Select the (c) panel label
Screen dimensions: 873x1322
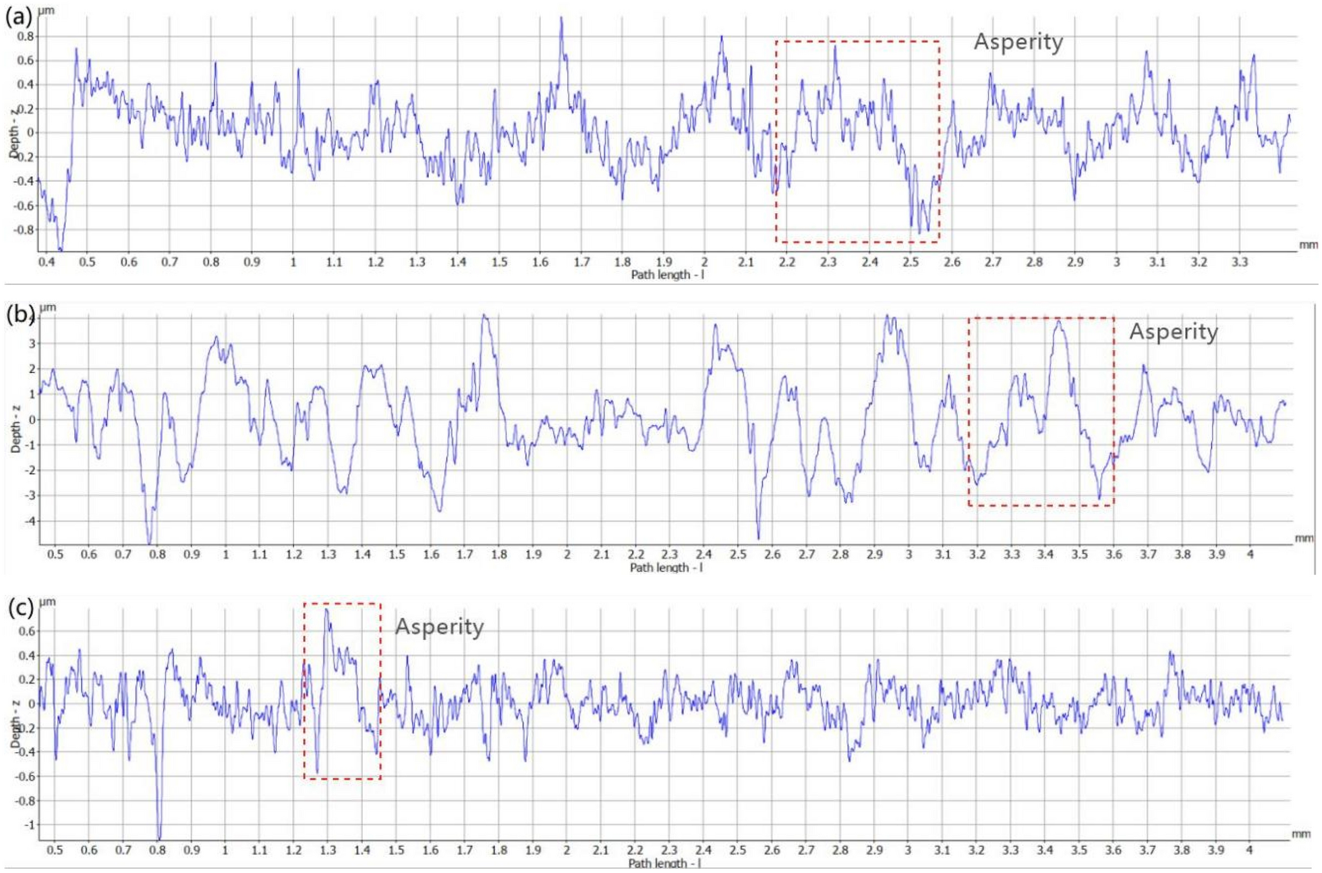20,608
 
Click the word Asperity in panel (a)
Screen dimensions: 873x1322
1018,43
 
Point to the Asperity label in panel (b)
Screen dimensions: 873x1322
1173,332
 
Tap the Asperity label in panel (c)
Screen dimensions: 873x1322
439,627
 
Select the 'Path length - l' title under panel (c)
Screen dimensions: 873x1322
664,863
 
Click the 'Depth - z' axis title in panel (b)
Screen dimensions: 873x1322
16,428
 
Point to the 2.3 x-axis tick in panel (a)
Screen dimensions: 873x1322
828,262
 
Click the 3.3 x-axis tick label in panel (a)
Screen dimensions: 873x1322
1240,262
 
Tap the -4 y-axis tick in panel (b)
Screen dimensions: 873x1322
28,521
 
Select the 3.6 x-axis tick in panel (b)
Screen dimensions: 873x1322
1114,555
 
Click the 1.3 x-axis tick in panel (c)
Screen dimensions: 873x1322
328,850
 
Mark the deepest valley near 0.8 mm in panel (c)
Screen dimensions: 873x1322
159,837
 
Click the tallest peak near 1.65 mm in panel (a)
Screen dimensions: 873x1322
561,19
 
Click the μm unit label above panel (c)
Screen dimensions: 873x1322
47,601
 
